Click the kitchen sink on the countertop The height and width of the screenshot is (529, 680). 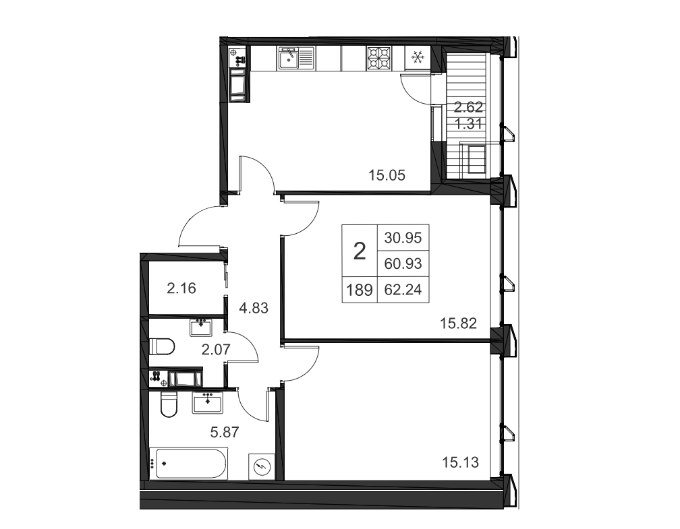[295, 58]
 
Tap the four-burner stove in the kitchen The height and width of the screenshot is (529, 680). [379, 58]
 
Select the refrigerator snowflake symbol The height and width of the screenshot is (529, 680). [418, 58]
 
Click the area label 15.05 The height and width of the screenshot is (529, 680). [387, 175]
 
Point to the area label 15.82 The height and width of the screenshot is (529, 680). [459, 323]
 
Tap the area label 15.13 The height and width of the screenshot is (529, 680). [460, 463]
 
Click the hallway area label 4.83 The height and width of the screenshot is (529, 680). [254, 309]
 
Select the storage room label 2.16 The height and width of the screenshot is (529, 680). [181, 288]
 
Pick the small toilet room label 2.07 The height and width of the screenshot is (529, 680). [216, 349]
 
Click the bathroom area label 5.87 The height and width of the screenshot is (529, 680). [225, 433]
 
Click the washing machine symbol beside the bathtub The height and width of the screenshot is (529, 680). [262, 466]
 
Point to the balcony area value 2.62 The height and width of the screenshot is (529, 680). [468, 106]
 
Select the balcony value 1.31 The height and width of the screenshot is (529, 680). [468, 124]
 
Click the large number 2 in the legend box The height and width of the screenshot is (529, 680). [360, 251]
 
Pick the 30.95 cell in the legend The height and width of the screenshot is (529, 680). [403, 238]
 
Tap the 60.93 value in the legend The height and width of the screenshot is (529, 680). [403, 263]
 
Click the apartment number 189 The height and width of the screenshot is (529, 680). [360, 289]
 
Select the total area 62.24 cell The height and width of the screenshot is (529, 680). [403, 289]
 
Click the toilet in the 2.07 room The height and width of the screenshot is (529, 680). [162, 346]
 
